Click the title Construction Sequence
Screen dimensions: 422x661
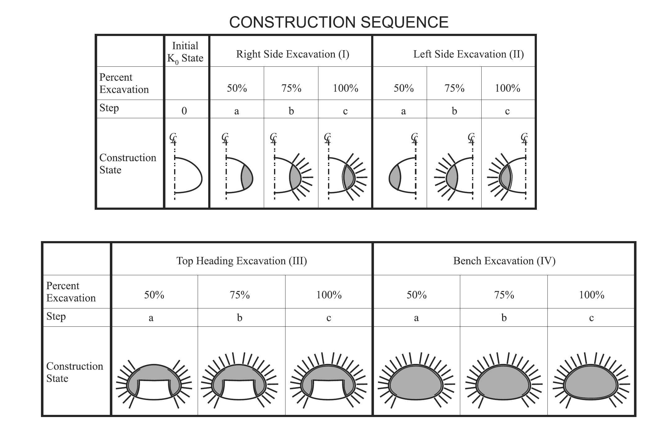[x=339, y=22]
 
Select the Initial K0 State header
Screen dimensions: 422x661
[x=185, y=52]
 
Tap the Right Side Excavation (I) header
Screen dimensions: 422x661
[x=293, y=54]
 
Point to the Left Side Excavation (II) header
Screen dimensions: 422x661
[x=468, y=54]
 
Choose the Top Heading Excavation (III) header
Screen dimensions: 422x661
[x=241, y=261]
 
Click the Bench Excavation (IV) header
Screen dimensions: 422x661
[x=504, y=261]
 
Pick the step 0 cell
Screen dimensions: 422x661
[x=184, y=111]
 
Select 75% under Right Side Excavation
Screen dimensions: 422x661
[x=291, y=88]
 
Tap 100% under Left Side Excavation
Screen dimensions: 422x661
[x=507, y=88]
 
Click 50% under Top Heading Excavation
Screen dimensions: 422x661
[x=154, y=295]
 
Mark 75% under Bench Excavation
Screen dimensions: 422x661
[x=504, y=295]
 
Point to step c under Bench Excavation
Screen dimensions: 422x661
[x=591, y=318]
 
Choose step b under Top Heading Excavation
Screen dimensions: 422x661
[x=240, y=318]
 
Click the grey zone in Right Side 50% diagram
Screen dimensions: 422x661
[x=248, y=177]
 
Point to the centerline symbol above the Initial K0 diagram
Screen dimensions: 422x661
[x=173, y=138]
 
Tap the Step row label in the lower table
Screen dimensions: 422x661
[x=56, y=317]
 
